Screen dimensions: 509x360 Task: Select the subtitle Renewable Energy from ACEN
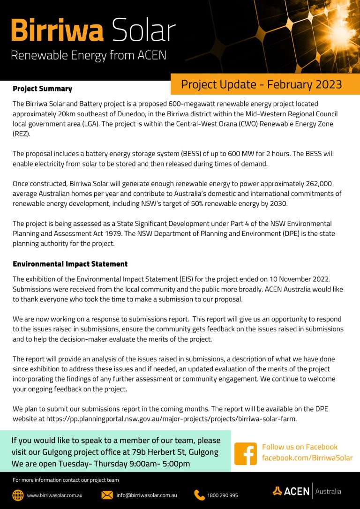tap(89, 55)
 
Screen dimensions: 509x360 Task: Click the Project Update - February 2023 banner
tap(261, 84)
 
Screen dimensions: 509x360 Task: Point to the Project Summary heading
tap(42, 89)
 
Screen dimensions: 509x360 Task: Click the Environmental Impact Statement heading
tap(70, 264)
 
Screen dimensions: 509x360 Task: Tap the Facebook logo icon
tap(246, 454)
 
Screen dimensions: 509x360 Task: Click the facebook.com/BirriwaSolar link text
tap(307, 457)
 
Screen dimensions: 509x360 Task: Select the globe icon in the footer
tap(18, 495)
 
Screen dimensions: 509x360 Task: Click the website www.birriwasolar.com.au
tap(55, 495)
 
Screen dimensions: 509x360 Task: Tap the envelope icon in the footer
tap(107, 495)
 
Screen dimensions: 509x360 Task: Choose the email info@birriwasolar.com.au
tap(147, 495)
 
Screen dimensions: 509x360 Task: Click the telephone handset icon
tap(200, 495)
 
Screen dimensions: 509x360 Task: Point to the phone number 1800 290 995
tap(222, 495)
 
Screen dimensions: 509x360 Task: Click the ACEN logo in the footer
tap(291, 491)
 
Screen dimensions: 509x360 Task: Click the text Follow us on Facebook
tap(300, 447)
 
